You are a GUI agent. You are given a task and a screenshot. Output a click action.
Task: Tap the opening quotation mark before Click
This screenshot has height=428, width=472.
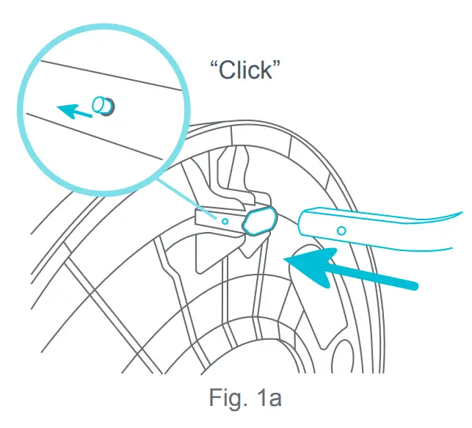click(x=214, y=65)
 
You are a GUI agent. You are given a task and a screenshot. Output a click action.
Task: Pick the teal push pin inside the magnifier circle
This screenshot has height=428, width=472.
click(x=103, y=106)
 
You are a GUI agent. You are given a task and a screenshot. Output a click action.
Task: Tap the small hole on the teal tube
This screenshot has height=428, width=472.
click(x=341, y=231)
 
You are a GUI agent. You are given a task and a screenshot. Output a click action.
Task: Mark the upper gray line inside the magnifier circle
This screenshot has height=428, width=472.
click(x=110, y=75)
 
